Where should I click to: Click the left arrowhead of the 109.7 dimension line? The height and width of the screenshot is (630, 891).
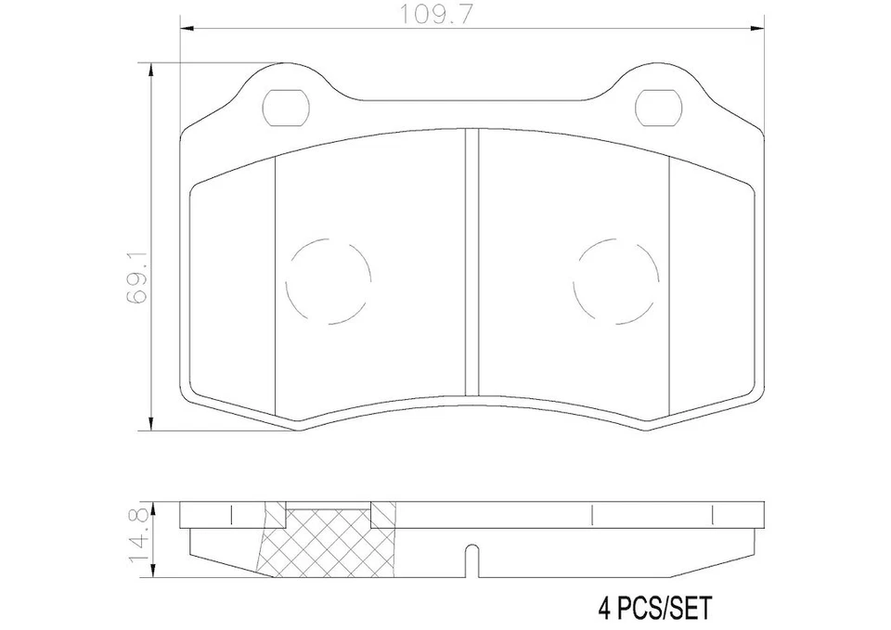point(183,29)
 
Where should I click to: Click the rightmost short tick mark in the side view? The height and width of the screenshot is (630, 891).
point(711,514)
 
